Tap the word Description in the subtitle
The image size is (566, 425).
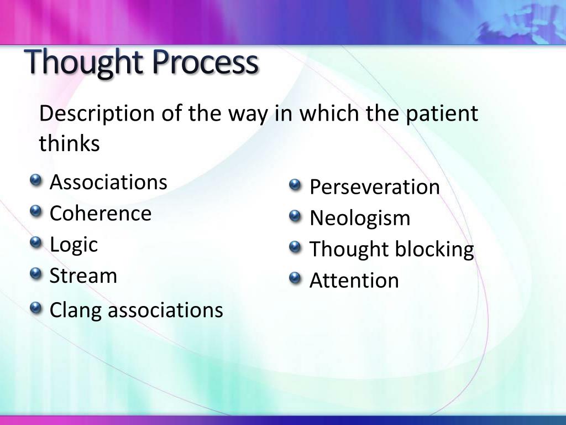97,114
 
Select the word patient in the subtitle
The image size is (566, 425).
442,114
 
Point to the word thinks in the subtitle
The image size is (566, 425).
69,144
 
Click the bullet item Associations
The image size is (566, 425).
108,182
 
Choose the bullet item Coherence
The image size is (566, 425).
101,214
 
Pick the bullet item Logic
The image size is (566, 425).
74,245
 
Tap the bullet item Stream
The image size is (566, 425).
83,276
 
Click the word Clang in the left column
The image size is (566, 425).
76,310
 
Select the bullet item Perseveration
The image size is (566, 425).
375,187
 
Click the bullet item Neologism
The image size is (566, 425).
360,218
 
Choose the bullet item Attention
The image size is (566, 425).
354,281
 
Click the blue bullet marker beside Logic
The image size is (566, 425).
36,242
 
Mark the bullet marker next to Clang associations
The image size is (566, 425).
36,308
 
